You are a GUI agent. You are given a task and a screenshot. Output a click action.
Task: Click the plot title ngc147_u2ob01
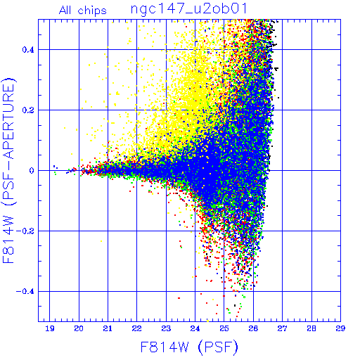(188, 9)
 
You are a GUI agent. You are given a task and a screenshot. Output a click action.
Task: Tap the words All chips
(83, 11)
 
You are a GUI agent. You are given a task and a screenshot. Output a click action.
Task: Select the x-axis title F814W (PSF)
(189, 347)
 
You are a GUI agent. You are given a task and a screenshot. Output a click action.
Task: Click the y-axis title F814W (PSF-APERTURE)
(9, 171)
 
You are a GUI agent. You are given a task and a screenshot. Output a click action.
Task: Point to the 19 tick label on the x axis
(50, 328)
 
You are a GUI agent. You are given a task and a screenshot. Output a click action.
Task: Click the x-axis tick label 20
(79, 328)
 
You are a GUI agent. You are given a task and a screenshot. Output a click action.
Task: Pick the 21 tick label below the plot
(108, 328)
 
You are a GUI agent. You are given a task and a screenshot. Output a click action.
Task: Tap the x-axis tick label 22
(137, 328)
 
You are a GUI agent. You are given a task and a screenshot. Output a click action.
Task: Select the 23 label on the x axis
(166, 328)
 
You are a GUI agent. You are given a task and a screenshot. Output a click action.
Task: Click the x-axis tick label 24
(195, 328)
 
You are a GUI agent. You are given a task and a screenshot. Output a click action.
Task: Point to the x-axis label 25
(224, 328)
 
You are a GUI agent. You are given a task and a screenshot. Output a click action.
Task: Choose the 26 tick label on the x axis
(253, 328)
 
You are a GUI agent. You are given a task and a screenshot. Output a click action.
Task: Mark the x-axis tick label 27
(283, 328)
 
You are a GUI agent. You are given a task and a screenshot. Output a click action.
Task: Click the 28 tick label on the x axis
(311, 328)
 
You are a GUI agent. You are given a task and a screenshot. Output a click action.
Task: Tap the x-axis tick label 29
(340, 328)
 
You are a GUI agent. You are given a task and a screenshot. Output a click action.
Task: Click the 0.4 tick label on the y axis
(28, 50)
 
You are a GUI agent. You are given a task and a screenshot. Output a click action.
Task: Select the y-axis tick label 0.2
(28, 110)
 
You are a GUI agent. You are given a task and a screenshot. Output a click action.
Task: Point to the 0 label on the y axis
(32, 171)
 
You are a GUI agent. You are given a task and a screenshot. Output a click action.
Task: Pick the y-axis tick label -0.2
(25, 231)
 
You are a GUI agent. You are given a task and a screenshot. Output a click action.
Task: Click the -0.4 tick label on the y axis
(25, 292)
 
